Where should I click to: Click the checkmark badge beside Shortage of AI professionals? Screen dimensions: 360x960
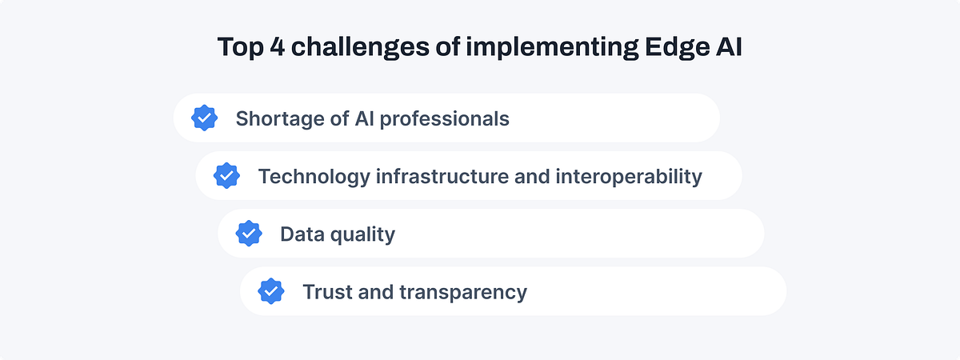[205, 118]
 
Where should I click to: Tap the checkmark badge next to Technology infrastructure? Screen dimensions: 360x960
[227, 176]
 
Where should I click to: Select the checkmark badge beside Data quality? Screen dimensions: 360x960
[250, 234]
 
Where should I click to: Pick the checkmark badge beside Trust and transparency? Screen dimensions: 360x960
[272, 291]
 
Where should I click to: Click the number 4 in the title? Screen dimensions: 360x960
[276, 47]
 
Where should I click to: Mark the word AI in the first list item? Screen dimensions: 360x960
[365, 119]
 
